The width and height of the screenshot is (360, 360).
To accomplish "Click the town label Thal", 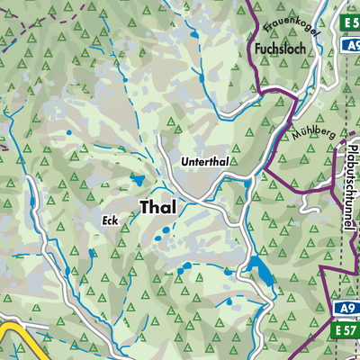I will [x=158, y=207].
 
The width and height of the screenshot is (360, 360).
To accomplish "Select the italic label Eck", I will [x=110, y=220].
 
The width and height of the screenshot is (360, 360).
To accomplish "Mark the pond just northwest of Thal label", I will [x=136, y=179].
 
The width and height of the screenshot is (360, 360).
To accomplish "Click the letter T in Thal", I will [x=146, y=207].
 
